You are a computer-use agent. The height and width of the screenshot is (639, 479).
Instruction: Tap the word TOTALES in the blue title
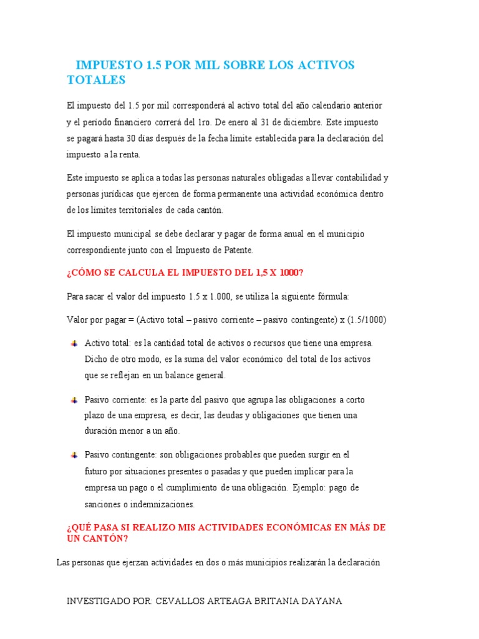96,80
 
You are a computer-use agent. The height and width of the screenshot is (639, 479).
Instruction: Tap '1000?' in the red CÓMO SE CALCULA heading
288,272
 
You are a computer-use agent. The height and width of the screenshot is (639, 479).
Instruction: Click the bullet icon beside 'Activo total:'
74,343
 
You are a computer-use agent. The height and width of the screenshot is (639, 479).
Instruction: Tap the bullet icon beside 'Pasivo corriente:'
74,399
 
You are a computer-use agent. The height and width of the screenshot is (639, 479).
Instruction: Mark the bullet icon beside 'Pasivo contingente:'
74,454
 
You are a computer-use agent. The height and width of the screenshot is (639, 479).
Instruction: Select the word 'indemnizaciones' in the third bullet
162,504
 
